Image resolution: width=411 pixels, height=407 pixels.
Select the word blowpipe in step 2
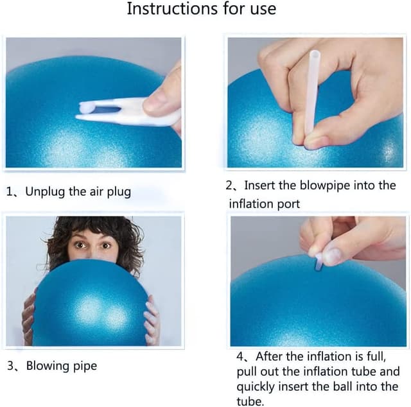[335, 186]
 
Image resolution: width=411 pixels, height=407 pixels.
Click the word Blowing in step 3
[48, 366]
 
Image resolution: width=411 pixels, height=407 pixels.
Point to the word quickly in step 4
[259, 386]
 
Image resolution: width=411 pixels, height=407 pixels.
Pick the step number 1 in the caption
[10, 192]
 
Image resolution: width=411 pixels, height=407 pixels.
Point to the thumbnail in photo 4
[331, 255]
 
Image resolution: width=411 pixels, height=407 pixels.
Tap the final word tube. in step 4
[251, 402]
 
